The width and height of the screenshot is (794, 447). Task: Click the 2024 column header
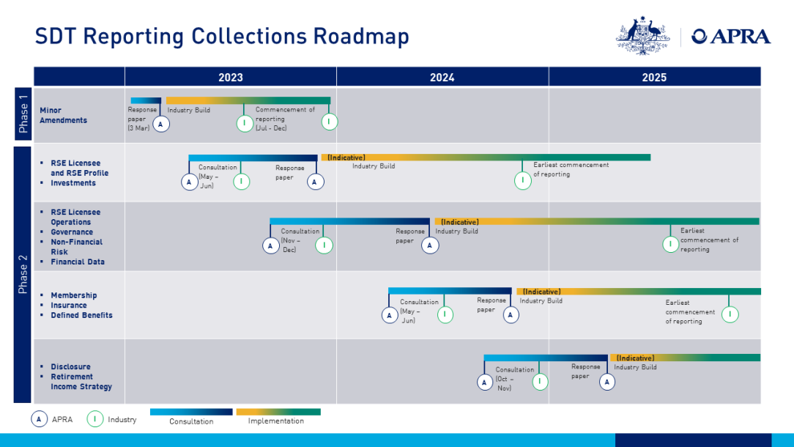pos(442,77)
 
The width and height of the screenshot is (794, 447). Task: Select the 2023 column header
pos(231,77)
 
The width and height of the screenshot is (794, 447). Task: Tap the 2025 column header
pos(654,77)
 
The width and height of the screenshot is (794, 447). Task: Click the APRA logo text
pos(731,37)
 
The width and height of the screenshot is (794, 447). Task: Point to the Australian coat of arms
pos(642,35)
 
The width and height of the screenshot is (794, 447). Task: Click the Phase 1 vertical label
pos(23,114)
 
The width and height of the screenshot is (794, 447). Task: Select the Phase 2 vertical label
pos(23,274)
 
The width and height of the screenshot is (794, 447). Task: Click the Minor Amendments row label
pos(63,115)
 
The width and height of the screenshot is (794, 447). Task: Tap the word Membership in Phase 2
pos(73,295)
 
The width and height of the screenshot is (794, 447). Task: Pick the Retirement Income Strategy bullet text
pos(81,382)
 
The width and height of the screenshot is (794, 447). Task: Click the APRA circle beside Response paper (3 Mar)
pos(161,124)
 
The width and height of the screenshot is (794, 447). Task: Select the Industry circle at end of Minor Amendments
pos(329,122)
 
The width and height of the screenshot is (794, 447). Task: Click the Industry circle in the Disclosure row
pos(540,381)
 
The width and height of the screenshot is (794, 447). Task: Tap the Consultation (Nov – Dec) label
pos(300,240)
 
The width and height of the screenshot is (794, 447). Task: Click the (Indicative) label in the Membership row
pos(541,292)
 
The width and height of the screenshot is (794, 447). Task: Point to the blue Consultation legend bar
pos(191,412)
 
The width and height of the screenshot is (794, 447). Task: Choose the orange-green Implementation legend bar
pos(278,412)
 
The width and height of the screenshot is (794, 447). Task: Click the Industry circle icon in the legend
pos(94,419)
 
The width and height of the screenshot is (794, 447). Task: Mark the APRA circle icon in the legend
pos(39,419)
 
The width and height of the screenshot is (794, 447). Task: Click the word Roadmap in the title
pos(361,37)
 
